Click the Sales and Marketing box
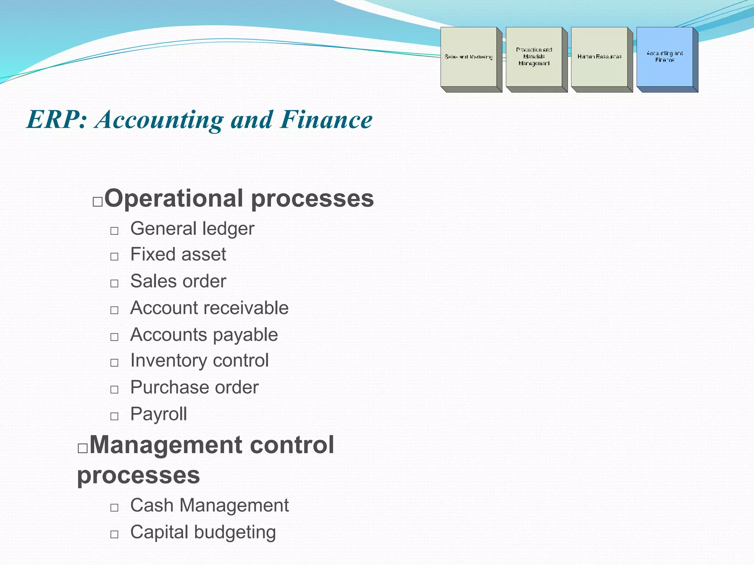(x=468, y=57)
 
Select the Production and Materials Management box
(x=534, y=57)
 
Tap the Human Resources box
(x=599, y=57)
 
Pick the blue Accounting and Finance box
(x=665, y=57)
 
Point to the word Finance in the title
(x=326, y=120)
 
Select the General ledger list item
(x=192, y=229)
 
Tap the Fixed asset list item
(x=178, y=255)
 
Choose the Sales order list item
(x=178, y=281)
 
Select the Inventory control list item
(x=199, y=360)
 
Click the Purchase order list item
(x=194, y=387)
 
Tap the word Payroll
(x=159, y=414)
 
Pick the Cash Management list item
(x=209, y=505)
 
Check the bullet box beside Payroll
(x=114, y=416)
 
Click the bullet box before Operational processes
(x=98, y=202)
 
